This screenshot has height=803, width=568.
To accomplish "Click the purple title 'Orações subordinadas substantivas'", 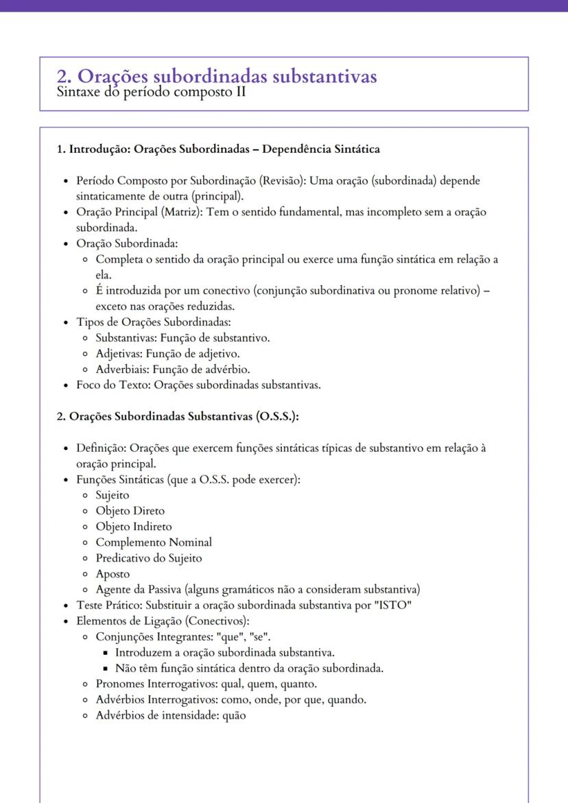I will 226,76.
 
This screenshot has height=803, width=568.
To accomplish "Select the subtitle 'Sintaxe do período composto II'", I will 152,92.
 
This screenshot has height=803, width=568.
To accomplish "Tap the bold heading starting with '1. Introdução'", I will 218,149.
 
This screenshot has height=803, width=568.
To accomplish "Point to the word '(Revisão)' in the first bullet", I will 283,181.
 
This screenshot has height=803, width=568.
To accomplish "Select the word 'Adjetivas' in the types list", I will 119,354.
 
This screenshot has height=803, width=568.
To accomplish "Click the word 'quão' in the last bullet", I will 234,715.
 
